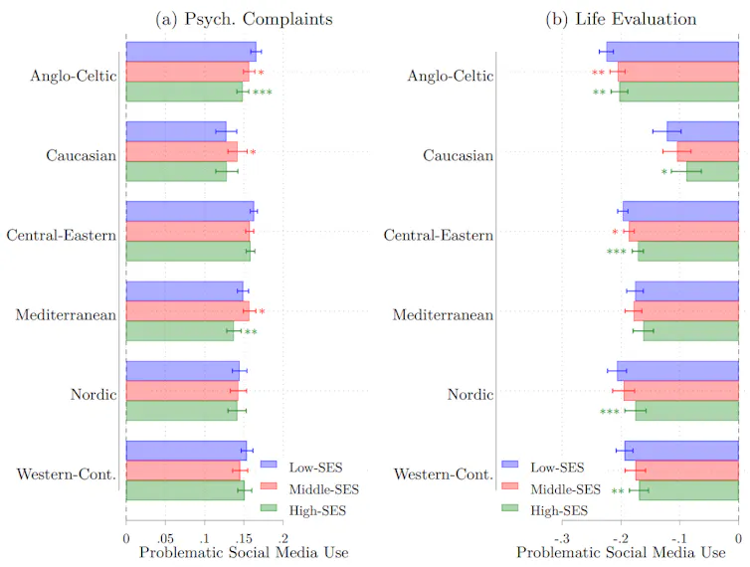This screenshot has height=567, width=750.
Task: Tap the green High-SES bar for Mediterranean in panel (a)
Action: point(180,331)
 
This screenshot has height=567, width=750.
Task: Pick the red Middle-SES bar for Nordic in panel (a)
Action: point(182,390)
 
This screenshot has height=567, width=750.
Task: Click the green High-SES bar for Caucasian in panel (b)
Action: point(712,171)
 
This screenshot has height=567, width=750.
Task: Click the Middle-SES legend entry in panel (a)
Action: point(321,487)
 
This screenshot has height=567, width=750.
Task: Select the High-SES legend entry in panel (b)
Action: point(560,510)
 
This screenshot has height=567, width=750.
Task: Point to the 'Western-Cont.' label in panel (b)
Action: point(444,474)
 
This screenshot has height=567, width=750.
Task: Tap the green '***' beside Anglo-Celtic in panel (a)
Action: point(263,93)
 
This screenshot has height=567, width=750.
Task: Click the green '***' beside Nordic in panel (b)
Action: point(610,412)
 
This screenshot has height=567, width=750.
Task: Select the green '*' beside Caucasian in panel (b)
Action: point(663,172)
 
